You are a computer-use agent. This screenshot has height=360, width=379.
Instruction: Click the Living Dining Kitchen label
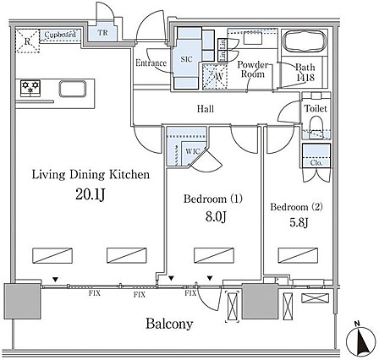pyautogui.click(x=91, y=175)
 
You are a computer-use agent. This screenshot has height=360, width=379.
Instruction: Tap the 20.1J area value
pyautogui.click(x=91, y=195)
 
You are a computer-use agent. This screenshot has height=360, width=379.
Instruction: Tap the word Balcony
pyautogui.click(x=168, y=324)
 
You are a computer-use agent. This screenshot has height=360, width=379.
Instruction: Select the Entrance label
pyautogui.click(x=151, y=63)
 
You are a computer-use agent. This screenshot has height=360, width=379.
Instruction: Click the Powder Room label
pyautogui.click(x=251, y=69)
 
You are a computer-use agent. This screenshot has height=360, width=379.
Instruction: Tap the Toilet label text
pyautogui.click(x=316, y=109)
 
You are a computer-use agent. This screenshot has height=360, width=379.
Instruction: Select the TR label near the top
pyautogui.click(x=102, y=33)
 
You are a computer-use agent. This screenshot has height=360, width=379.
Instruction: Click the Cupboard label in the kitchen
pyautogui.click(x=60, y=35)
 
